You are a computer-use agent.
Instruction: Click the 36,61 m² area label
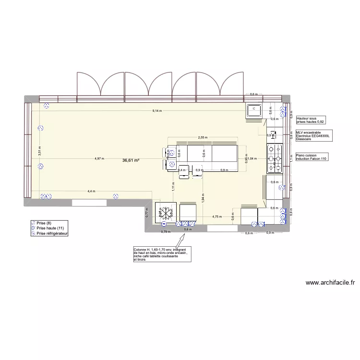[x=131, y=160]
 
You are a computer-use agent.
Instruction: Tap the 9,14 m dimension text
[x=157, y=111]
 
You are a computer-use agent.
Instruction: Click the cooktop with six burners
[x=275, y=158]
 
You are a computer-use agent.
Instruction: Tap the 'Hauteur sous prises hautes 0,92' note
[x=311, y=120]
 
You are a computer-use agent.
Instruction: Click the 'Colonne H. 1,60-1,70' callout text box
[x=162, y=254]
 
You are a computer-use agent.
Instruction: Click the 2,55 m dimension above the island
[x=203, y=138]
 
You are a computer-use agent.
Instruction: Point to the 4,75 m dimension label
[x=217, y=216]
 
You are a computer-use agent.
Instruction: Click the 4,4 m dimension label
[x=91, y=191]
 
